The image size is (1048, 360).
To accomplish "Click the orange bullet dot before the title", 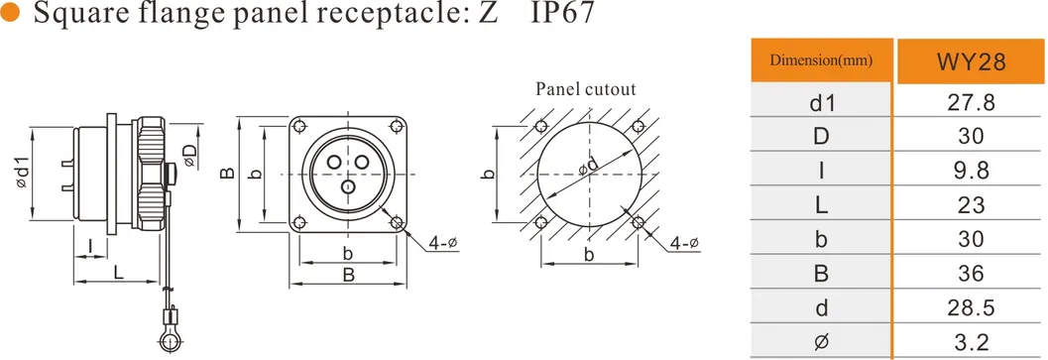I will [12, 18].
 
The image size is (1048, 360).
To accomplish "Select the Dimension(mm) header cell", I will [821, 61].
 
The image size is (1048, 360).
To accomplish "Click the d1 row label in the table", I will [821, 102].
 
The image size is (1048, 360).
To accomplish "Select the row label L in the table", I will [821, 205].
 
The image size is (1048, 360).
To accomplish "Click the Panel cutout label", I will [586, 88].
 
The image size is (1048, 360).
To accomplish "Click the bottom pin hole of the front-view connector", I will [348, 186].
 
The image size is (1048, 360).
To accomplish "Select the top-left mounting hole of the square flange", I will [299, 126].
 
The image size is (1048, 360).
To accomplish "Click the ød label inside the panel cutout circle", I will [590, 166].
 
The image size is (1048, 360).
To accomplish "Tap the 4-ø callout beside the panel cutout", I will [684, 243].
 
